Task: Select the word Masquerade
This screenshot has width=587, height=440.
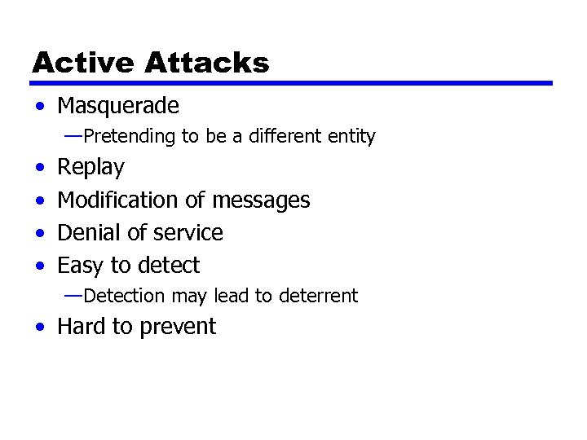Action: tap(118, 106)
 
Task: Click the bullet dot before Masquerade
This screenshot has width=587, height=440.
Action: tap(40, 107)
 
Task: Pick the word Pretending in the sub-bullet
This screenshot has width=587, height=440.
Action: tap(130, 136)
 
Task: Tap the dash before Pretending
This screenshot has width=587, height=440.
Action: tap(73, 136)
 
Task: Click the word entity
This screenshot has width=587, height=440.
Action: tap(351, 136)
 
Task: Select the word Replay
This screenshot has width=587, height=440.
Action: tap(91, 168)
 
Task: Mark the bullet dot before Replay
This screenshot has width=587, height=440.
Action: tap(40, 169)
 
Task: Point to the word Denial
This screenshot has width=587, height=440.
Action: tap(86, 232)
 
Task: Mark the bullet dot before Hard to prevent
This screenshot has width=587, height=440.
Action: tap(40, 328)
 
